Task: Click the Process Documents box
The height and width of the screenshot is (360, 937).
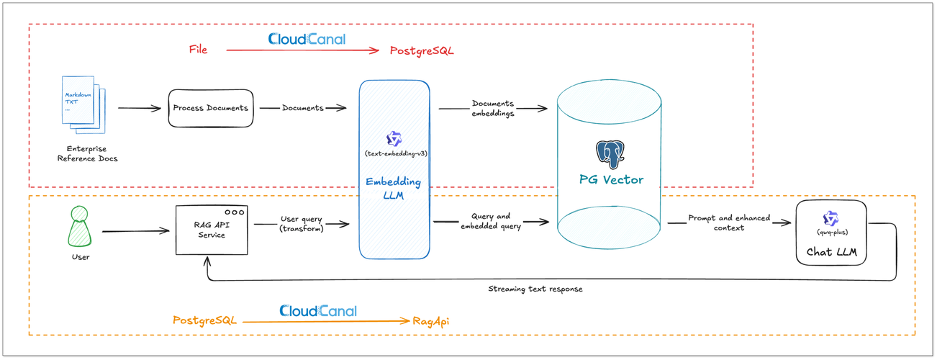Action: pyautogui.click(x=210, y=108)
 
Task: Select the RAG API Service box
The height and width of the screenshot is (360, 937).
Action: pyautogui.click(x=212, y=229)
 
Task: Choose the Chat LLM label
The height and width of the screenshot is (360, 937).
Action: pyautogui.click(x=830, y=251)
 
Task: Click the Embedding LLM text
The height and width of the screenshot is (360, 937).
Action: pyautogui.click(x=393, y=189)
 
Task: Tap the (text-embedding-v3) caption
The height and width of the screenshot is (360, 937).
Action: pyautogui.click(x=394, y=154)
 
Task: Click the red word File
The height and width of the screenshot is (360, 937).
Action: pyautogui.click(x=198, y=50)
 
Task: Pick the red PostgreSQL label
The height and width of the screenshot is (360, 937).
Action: pyautogui.click(x=422, y=50)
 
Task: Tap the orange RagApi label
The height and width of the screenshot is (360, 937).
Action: pyautogui.click(x=431, y=320)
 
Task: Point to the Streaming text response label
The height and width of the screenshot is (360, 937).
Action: pyautogui.click(x=535, y=289)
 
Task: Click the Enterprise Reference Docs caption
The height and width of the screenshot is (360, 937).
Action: pyautogui.click(x=87, y=153)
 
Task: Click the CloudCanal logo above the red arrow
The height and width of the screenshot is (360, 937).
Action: pyautogui.click(x=307, y=39)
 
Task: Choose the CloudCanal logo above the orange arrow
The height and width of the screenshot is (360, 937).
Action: pyautogui.click(x=317, y=311)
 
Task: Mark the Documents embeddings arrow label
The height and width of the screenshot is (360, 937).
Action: pyautogui.click(x=493, y=108)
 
